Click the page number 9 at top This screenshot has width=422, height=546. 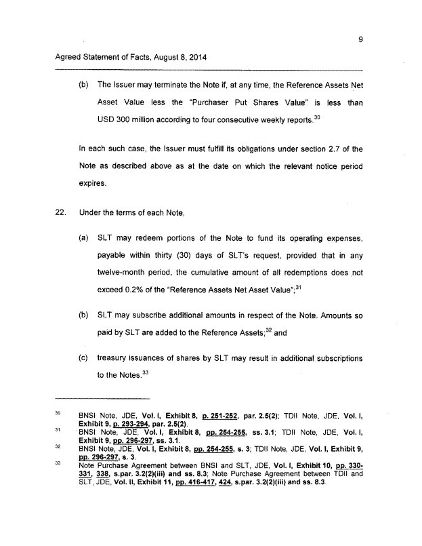point(360,39)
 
